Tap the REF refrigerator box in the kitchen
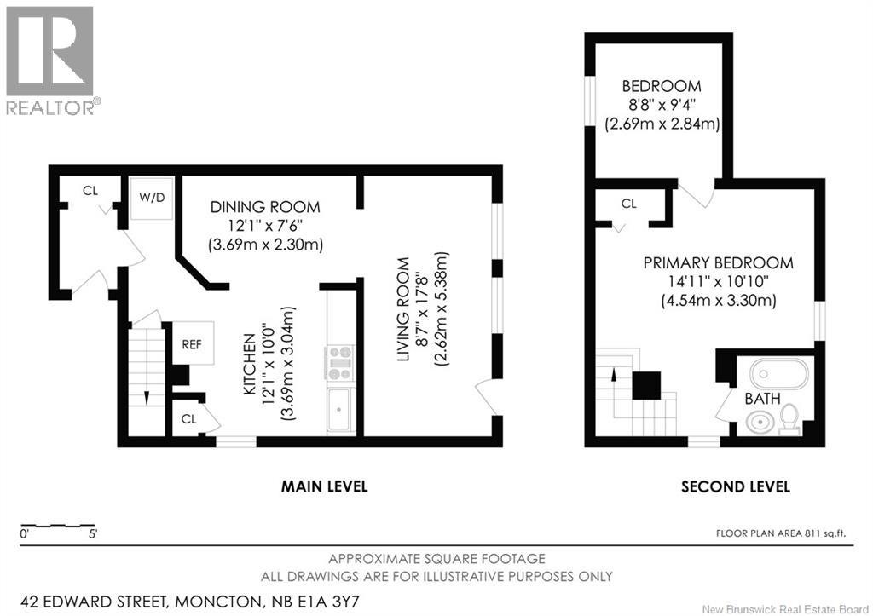point(192,345)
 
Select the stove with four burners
point(338,362)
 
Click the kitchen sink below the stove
point(338,409)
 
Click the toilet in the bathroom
point(789,419)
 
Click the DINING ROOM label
point(265,207)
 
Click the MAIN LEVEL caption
point(325,486)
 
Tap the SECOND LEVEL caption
point(735,486)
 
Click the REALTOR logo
point(50,60)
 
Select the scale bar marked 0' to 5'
point(58,525)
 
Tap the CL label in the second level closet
point(629,204)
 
